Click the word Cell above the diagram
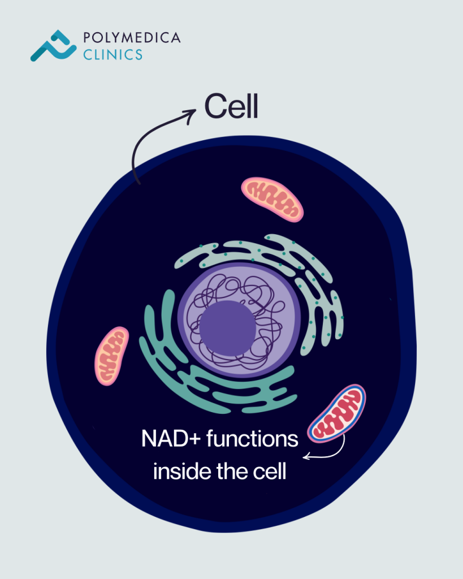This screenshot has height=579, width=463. tap(231, 106)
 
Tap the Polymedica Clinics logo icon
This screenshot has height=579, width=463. tap(53, 46)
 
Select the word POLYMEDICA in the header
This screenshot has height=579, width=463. tap(132, 38)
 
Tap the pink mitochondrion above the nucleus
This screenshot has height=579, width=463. tap(272, 198)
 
